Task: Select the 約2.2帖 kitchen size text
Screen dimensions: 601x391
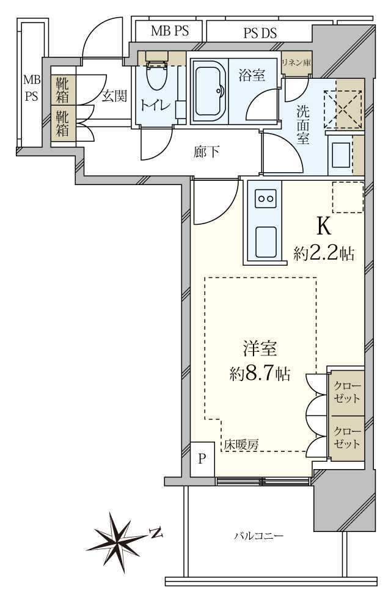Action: point(324,253)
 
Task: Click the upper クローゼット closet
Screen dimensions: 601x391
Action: point(346,392)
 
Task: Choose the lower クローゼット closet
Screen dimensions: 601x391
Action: point(346,437)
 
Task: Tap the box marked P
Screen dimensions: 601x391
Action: point(202,458)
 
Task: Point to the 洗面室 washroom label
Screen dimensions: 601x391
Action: point(303,125)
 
